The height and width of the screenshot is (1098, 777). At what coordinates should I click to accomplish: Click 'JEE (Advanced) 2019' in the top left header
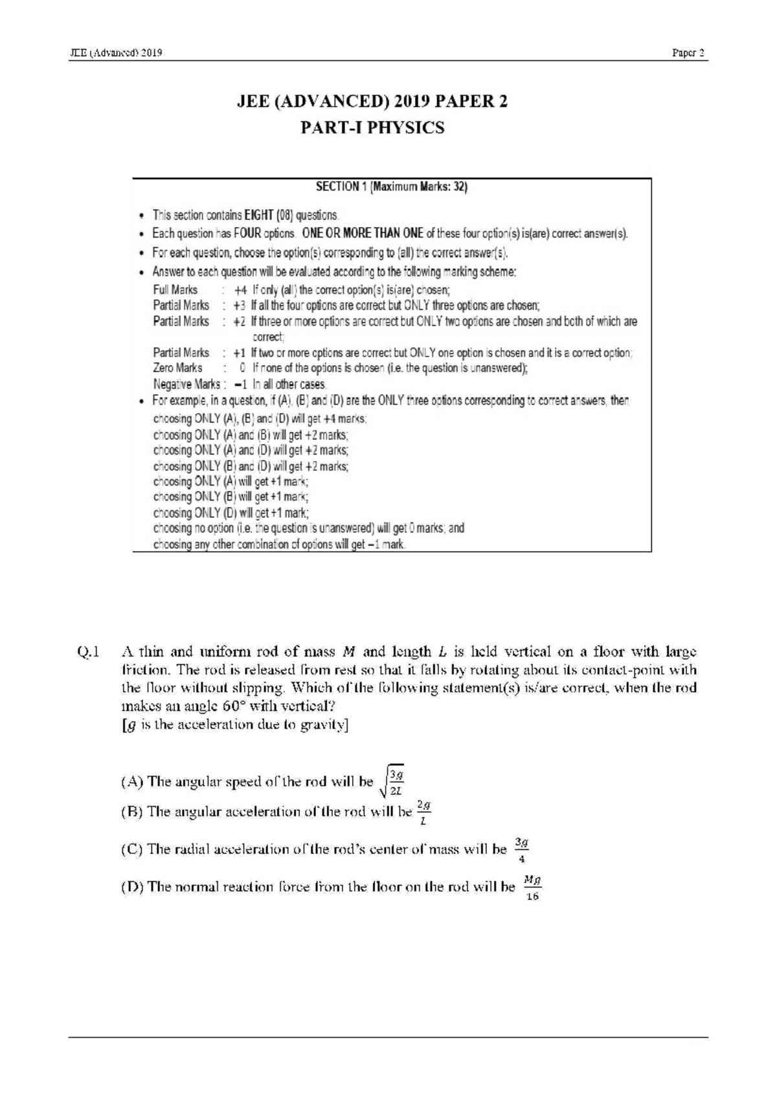click(x=116, y=53)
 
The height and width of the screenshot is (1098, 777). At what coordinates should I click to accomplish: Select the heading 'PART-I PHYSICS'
click(x=373, y=128)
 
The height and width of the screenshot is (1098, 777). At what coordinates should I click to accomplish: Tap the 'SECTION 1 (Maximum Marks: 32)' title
click(x=391, y=187)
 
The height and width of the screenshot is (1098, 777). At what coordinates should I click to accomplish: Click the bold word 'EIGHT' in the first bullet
click(x=258, y=215)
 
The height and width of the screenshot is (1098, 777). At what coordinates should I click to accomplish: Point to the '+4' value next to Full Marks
click(x=240, y=290)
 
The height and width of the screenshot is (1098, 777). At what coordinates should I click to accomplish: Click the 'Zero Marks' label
click(x=177, y=368)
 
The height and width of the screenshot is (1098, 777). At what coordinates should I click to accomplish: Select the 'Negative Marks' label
click(x=186, y=385)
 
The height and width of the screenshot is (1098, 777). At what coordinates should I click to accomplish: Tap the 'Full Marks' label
click(x=175, y=290)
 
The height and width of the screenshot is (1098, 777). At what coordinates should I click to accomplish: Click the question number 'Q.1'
click(x=88, y=652)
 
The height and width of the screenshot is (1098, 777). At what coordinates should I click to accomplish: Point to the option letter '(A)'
click(x=131, y=781)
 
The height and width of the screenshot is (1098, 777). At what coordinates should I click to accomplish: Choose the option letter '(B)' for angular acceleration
click(x=131, y=812)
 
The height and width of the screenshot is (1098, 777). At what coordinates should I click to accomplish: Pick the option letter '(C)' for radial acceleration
click(x=131, y=849)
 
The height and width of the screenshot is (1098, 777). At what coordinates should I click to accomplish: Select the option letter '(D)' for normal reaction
click(x=131, y=887)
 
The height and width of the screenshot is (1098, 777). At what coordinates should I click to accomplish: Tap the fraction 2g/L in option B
click(x=423, y=812)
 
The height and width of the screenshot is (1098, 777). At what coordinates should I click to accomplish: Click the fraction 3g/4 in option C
click(x=522, y=850)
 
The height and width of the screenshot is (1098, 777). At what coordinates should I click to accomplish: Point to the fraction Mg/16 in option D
click(x=532, y=888)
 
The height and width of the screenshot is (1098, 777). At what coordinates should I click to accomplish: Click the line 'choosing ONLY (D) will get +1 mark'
click(x=231, y=513)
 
